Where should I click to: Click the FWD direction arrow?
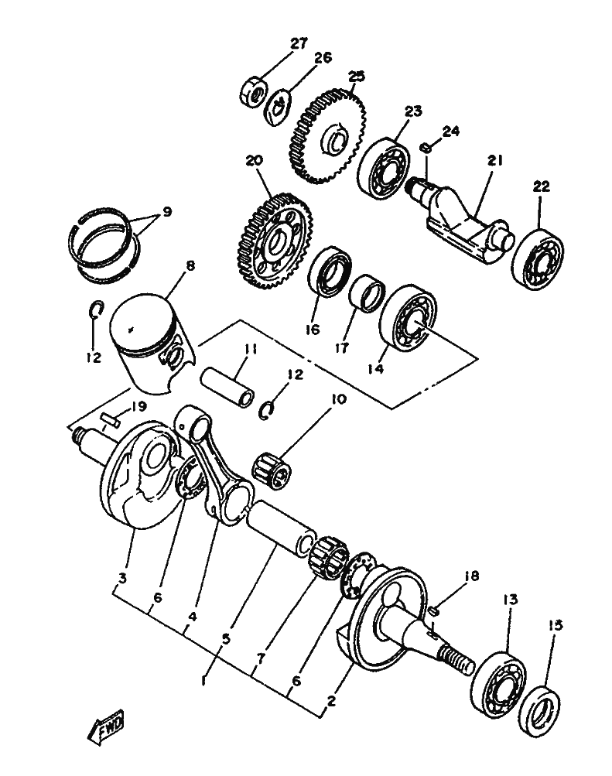pos(105,726)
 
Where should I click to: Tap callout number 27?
pos(299,43)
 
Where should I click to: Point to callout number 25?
pos(356,77)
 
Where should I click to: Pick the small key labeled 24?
pos(425,148)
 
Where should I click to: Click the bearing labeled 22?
pos(538,259)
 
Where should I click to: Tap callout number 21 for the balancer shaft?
pos(494,160)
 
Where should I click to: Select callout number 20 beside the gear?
pos(255,160)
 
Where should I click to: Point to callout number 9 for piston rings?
pos(167,212)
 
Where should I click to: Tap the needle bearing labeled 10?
pos(272,470)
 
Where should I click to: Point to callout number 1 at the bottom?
pos(203,681)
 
